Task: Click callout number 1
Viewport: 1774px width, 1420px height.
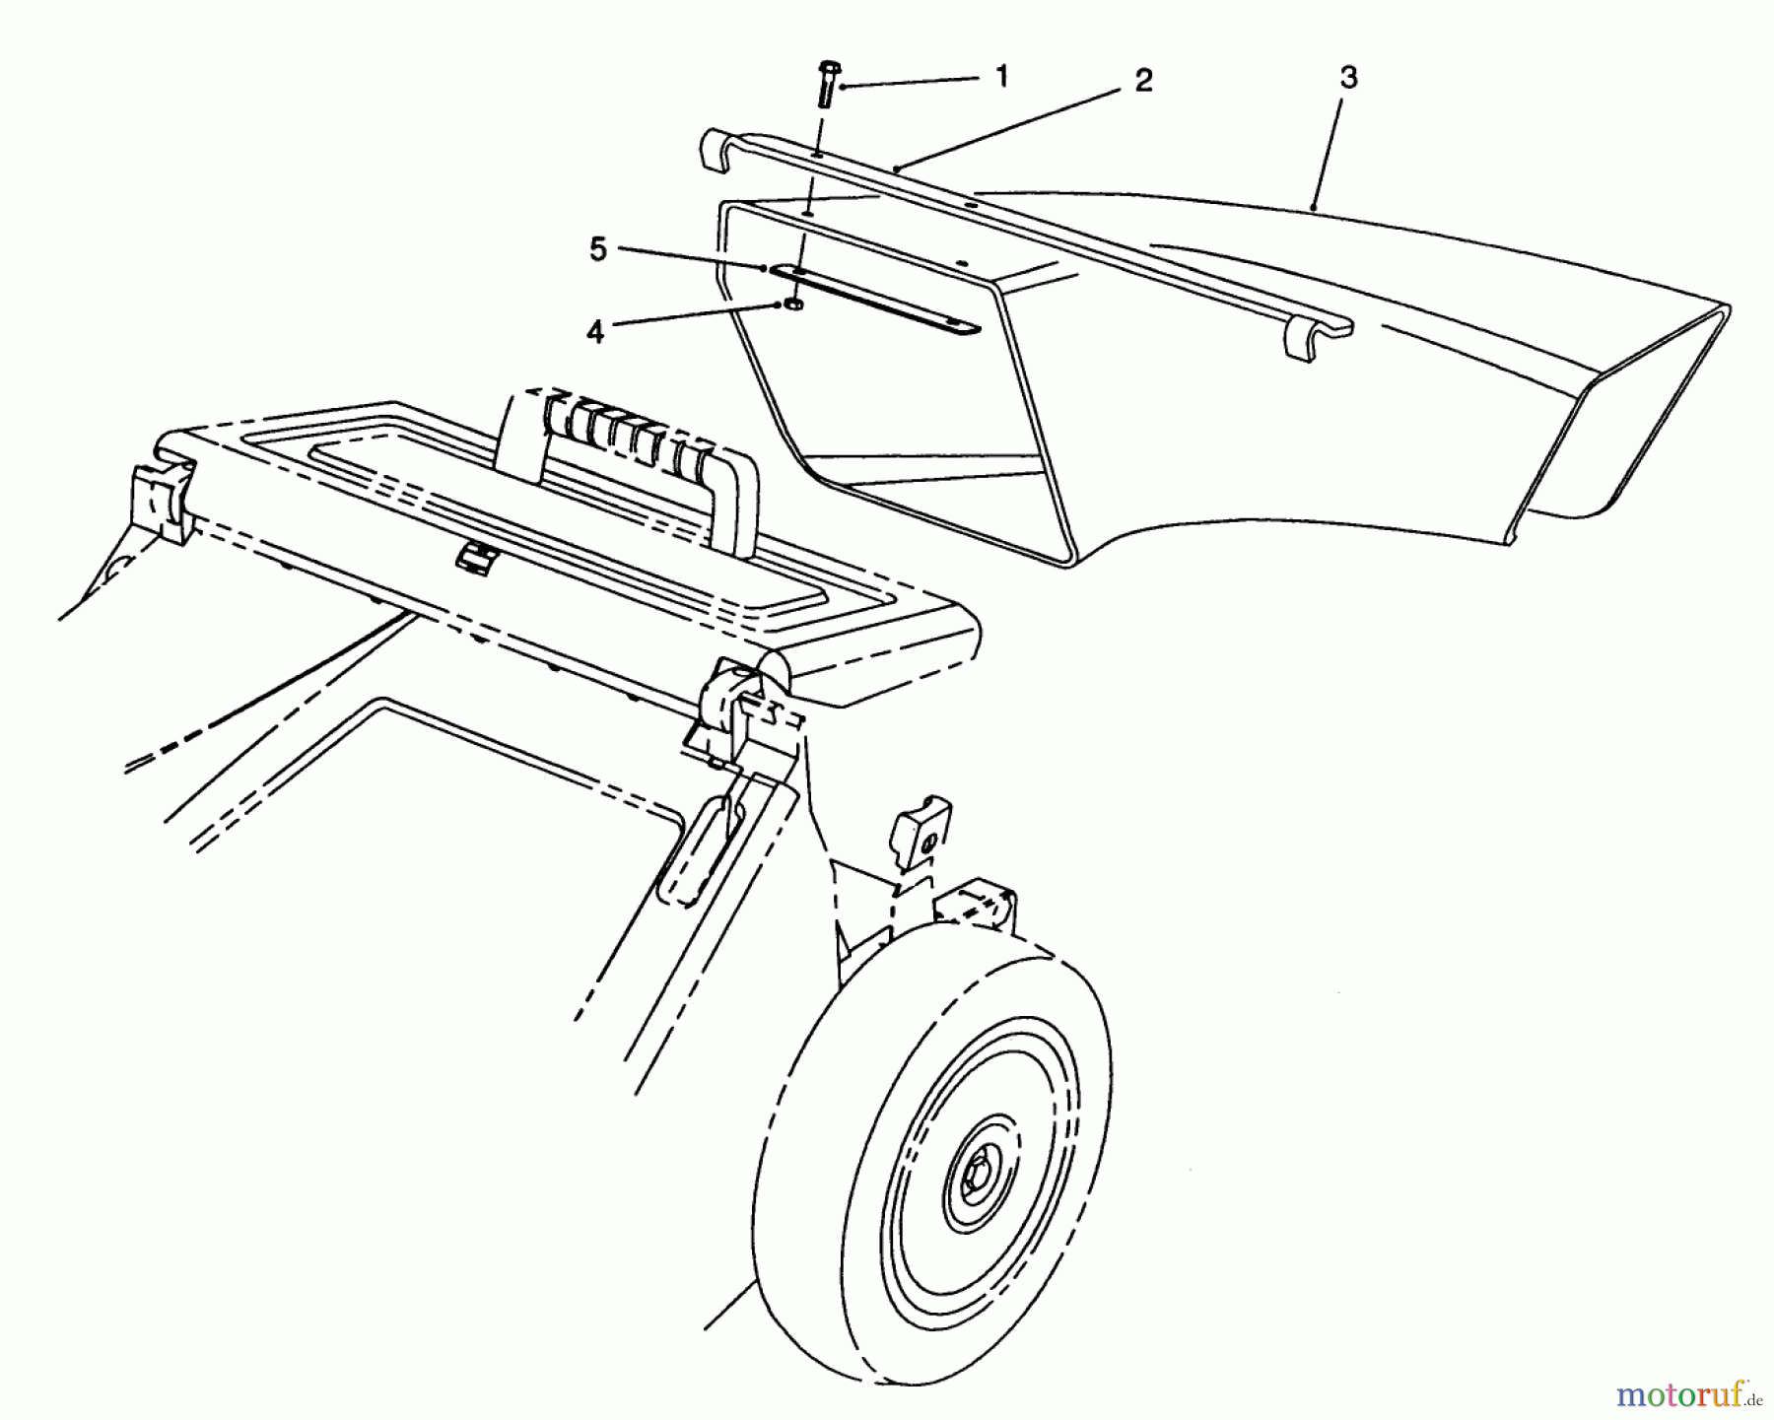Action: tap(1002, 77)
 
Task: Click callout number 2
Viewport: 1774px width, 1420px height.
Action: tap(1142, 81)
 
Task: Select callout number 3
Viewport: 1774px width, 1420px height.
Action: tap(1348, 77)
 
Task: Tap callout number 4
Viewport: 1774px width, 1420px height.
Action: tap(595, 332)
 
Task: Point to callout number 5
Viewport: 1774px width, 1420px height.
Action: tap(598, 250)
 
